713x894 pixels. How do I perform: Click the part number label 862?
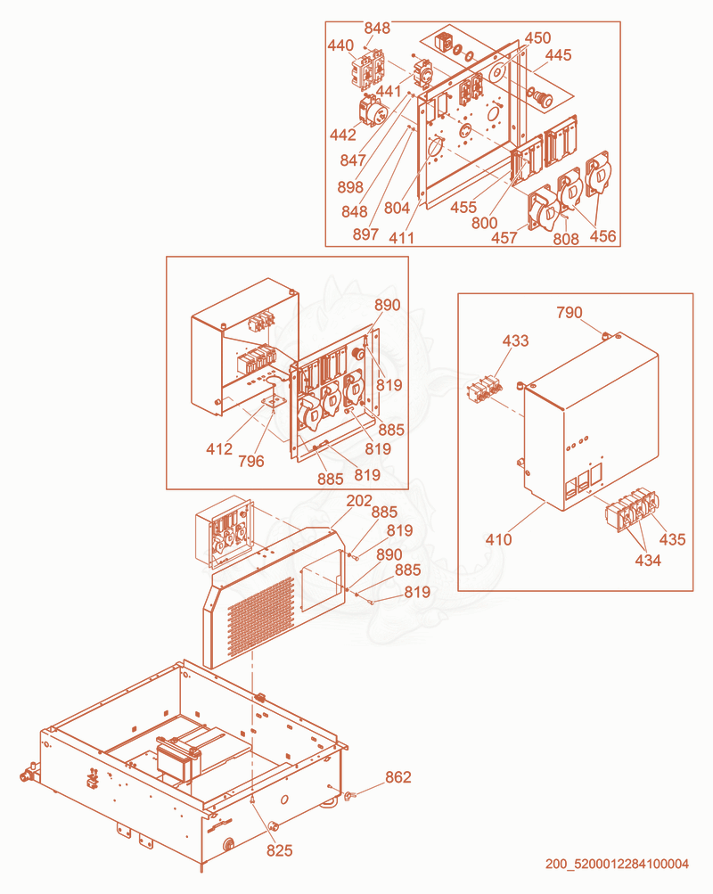click(x=397, y=777)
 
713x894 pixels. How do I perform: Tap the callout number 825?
click(x=279, y=850)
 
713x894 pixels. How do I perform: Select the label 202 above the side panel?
click(x=359, y=501)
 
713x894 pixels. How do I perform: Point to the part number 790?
click(x=570, y=313)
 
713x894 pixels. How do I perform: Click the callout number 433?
click(x=515, y=340)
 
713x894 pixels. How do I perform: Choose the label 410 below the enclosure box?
click(x=499, y=539)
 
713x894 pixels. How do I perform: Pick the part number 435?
click(x=673, y=539)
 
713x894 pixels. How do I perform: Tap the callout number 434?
click(x=648, y=561)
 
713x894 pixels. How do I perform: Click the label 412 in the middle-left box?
click(x=219, y=449)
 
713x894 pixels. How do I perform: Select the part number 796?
click(x=251, y=461)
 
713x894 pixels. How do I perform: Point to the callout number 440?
click(x=340, y=45)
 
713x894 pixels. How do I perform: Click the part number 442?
click(x=342, y=135)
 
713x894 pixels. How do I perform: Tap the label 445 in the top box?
click(x=559, y=54)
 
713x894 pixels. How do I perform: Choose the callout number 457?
click(x=504, y=237)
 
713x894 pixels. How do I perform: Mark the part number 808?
click(x=565, y=238)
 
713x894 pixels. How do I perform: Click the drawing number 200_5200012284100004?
click(x=617, y=864)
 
